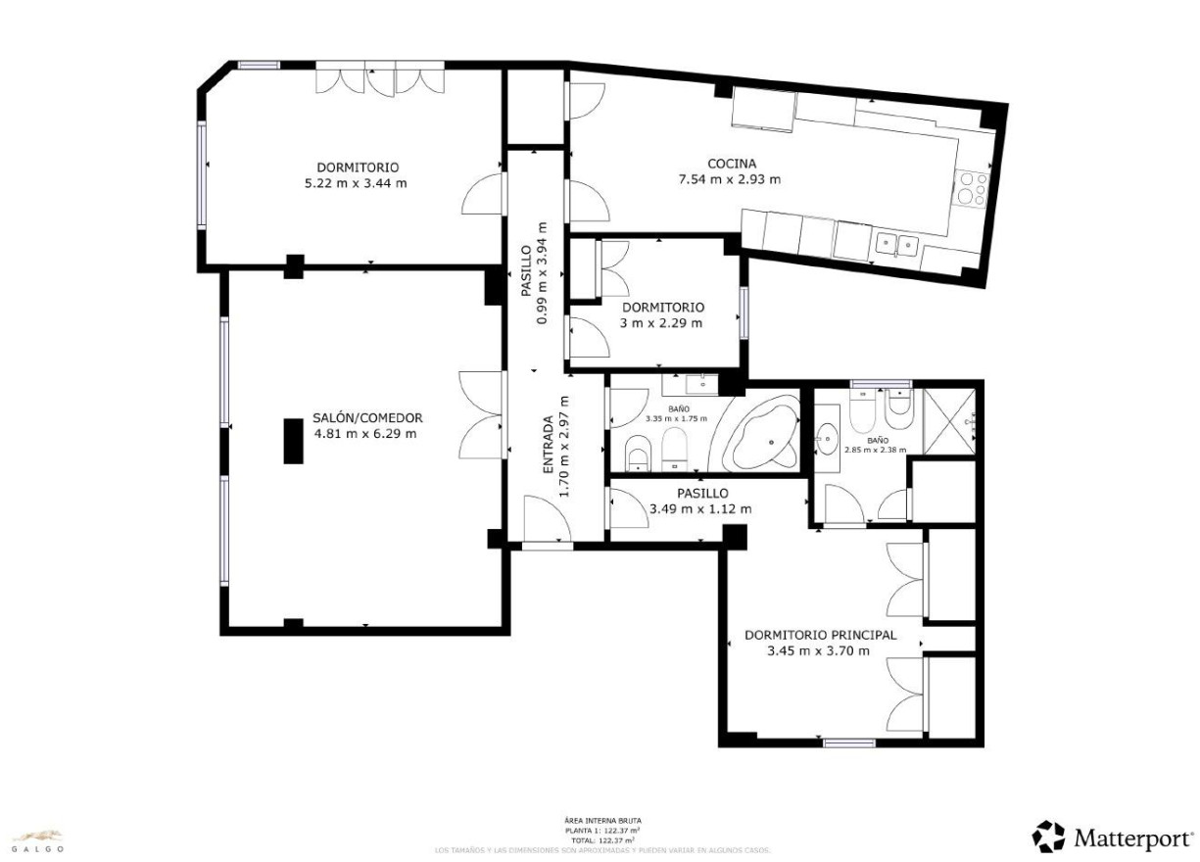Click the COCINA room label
(732, 164)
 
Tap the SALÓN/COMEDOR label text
(367, 417)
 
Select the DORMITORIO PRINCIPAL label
(820, 635)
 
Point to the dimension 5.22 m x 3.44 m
(356, 183)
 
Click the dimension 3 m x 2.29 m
(662, 321)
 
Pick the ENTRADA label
(549, 446)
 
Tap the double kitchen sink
(896, 245)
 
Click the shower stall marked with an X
(950, 421)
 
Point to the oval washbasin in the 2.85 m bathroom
(828, 435)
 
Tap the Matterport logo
(1113, 838)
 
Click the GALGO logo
(38, 840)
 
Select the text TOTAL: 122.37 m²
(602, 840)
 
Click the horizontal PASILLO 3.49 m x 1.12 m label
(701, 502)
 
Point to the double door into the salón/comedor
(482, 416)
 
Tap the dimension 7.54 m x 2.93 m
(730, 179)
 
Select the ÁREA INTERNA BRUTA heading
(602, 821)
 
